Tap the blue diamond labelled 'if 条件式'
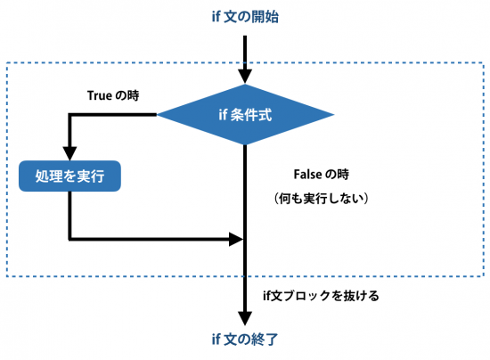pos(245,114)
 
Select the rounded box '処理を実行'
pos(69,176)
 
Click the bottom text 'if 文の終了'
pos(245,339)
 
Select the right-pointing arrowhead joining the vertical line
pos(237,239)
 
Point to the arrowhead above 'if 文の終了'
pos(245,318)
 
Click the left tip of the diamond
pos(159,114)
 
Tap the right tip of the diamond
pos(333,114)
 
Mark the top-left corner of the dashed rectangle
pos(7,62)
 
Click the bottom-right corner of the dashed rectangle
pos(482,275)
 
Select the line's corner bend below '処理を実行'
pos(69,239)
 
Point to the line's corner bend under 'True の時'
pos(69,114)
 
